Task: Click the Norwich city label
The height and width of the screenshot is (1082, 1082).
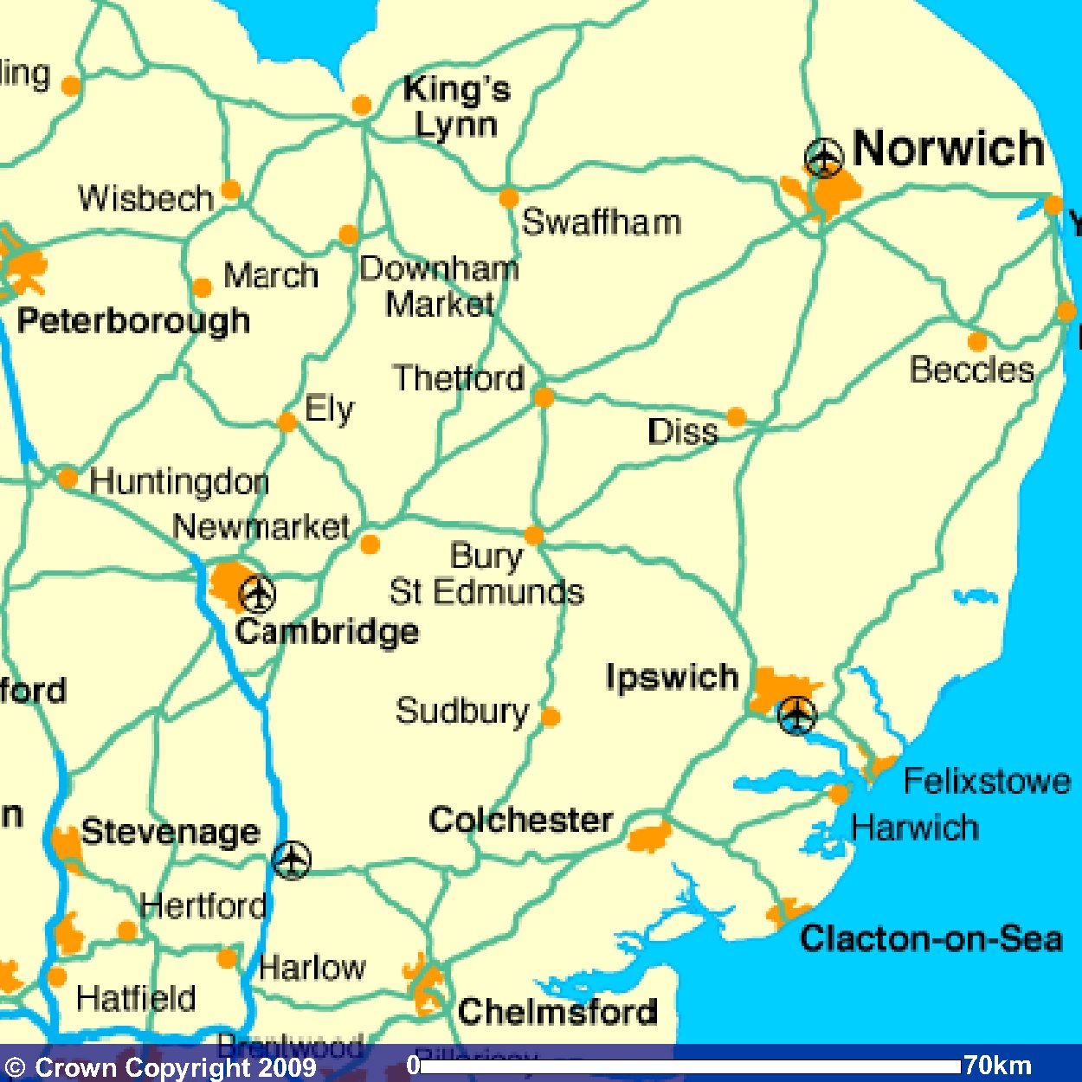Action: (x=949, y=148)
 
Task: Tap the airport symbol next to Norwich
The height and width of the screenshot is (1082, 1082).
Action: (x=823, y=158)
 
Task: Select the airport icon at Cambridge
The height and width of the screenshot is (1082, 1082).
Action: (x=257, y=595)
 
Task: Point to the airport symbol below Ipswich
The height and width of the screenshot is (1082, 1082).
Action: (x=796, y=715)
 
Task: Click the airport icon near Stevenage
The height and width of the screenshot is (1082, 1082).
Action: (x=291, y=860)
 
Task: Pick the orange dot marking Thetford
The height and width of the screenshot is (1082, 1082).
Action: (x=544, y=397)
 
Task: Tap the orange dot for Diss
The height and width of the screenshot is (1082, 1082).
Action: (x=737, y=418)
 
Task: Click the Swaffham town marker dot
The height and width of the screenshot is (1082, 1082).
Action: (x=509, y=197)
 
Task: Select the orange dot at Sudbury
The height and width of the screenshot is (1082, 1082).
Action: (x=551, y=717)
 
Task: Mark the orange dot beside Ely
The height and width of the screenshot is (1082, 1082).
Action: (x=287, y=422)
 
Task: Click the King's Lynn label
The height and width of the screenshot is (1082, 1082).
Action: (x=456, y=107)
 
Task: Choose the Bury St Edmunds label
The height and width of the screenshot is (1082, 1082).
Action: (x=486, y=574)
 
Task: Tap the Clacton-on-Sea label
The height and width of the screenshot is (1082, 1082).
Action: (x=931, y=938)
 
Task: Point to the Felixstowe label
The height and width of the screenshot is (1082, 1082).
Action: (x=987, y=782)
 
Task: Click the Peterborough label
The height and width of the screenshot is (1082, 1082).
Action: (x=134, y=321)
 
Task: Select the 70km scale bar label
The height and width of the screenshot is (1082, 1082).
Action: (x=997, y=1065)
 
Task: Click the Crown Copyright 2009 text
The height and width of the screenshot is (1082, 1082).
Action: (x=161, y=1067)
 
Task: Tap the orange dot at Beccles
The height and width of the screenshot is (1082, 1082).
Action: (x=977, y=341)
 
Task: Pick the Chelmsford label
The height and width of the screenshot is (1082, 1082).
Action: (x=557, y=1011)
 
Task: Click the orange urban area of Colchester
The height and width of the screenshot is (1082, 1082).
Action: (x=649, y=837)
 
